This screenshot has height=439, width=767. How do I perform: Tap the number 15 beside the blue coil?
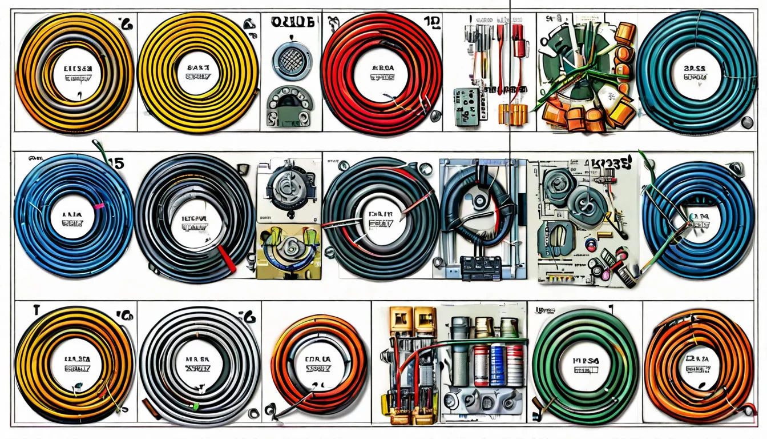pos(115,163)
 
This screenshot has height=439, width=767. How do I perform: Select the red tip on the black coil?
pos(228,260)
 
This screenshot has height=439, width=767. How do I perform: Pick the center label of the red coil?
pos(381,72)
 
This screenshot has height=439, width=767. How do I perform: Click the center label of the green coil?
pos(586,364)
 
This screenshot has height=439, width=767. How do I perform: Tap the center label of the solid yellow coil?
pos(198,72)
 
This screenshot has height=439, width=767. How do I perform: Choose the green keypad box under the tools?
pos(467,106)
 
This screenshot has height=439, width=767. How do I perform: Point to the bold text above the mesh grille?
pos(292,23)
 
